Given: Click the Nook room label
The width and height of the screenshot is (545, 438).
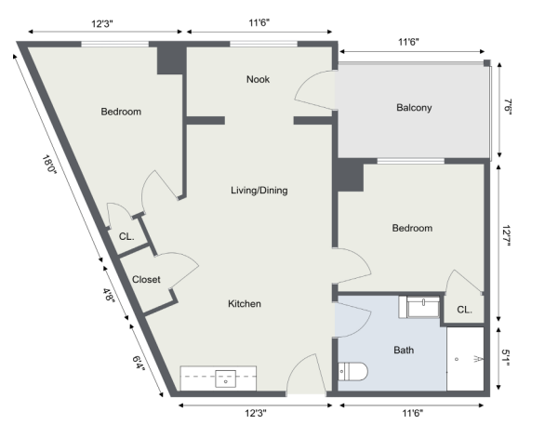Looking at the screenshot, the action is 258,79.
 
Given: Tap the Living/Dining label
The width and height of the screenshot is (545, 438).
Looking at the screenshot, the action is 259,190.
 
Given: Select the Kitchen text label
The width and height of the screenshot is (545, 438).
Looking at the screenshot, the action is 245,303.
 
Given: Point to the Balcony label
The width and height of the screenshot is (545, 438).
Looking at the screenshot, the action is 414,108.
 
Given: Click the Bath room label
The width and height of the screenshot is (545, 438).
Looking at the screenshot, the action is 404,350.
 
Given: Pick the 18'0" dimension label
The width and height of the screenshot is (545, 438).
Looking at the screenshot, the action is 49,166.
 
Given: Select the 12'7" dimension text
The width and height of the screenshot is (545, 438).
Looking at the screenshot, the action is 507,235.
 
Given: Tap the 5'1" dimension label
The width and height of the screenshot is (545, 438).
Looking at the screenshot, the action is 506,358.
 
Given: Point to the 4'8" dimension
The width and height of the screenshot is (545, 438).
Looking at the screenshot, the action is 109,295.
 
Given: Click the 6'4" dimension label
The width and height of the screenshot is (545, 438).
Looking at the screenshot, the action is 139,363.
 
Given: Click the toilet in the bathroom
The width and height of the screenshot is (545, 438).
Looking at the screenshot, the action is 352,371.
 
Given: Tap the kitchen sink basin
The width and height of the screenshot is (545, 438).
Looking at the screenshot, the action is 226,378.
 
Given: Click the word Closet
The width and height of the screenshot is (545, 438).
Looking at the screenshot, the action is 146,279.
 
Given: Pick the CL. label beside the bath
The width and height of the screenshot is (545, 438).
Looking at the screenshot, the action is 464,310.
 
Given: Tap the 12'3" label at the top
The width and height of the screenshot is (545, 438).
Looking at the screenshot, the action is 102,23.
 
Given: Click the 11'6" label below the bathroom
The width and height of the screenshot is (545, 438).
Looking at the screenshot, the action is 413,413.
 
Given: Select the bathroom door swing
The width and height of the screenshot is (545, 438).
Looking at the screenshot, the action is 352,320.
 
